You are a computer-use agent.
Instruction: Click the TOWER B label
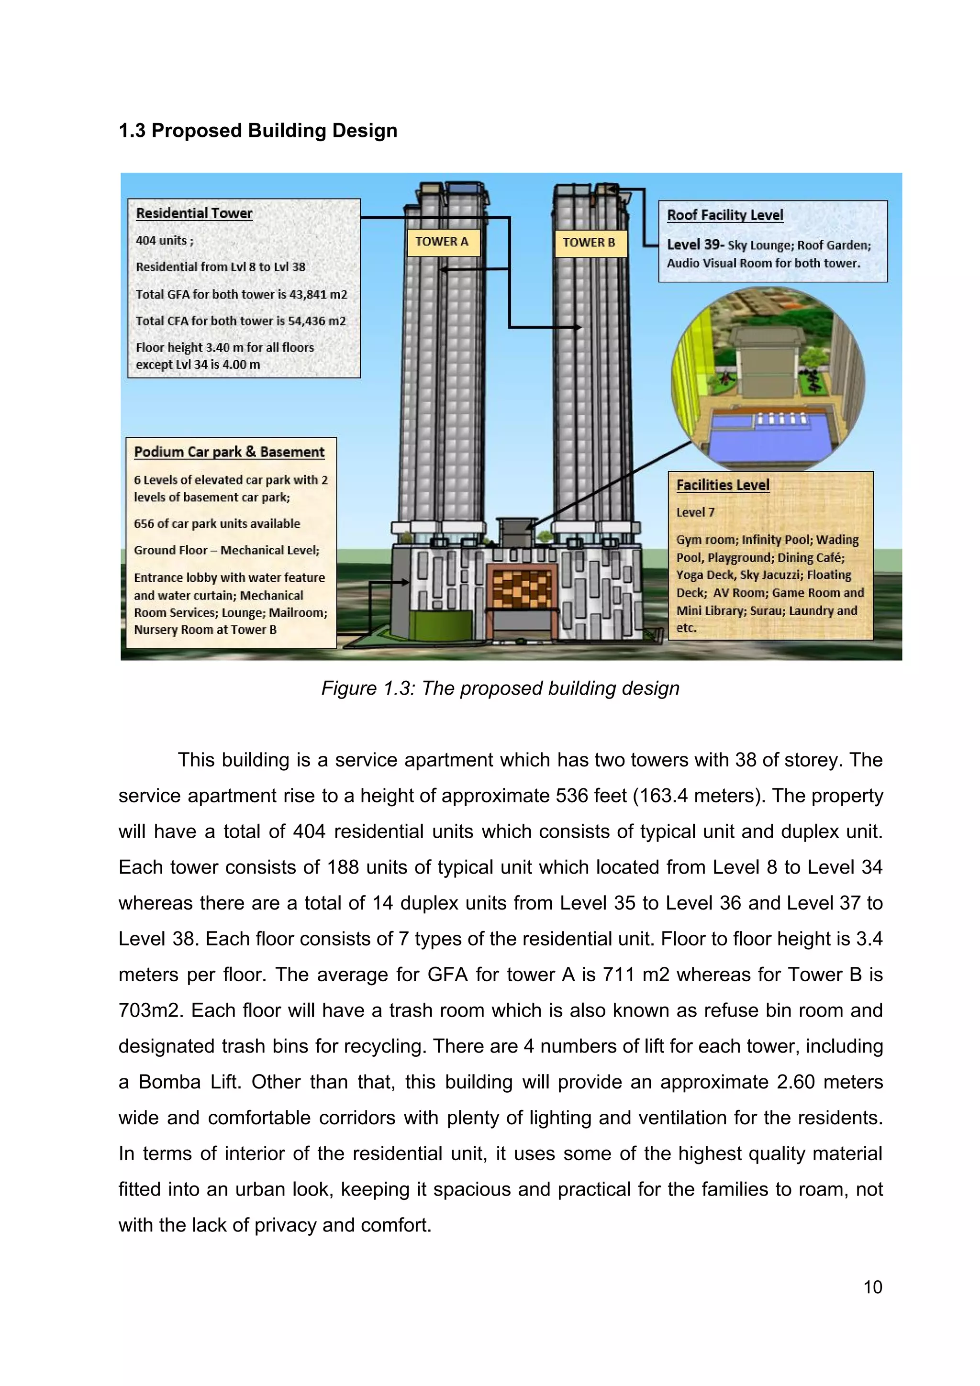click(589, 243)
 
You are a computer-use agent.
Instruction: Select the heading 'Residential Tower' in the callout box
click(194, 213)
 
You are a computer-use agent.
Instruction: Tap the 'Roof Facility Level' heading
click(724, 215)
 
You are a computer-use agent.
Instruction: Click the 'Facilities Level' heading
click(722, 485)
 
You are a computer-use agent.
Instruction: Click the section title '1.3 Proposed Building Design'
click(258, 131)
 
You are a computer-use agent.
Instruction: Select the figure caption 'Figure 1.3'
click(500, 687)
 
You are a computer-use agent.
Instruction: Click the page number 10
click(872, 1287)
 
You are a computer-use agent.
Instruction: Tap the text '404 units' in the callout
click(161, 240)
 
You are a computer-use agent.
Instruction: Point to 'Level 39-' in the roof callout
click(694, 244)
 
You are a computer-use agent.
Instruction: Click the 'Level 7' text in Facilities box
click(695, 512)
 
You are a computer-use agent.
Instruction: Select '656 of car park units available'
click(217, 523)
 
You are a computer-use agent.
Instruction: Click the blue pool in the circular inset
click(755, 441)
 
